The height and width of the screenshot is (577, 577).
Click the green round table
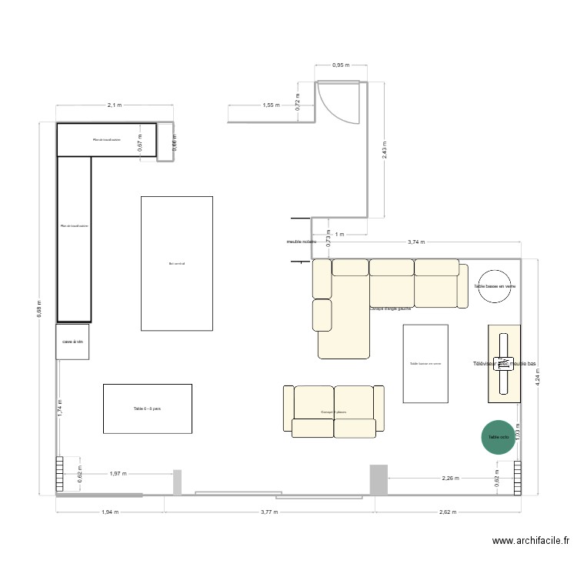499,438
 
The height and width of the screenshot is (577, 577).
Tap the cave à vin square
72,342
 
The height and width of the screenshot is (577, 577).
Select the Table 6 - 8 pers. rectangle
147,409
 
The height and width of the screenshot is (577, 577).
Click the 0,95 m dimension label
341,65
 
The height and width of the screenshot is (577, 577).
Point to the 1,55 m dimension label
270,105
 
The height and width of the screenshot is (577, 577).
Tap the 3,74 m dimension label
415,242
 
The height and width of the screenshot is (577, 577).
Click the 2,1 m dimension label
114,105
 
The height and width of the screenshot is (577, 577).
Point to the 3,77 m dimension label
269,511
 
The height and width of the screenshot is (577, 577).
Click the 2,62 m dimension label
447,511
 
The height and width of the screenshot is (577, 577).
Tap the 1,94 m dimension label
109,511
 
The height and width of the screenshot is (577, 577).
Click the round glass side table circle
494,286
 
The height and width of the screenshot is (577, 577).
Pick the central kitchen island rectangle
177,263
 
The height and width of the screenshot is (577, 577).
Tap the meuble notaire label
301,242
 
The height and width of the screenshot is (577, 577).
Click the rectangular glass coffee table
425,363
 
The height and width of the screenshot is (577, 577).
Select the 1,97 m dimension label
119,474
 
